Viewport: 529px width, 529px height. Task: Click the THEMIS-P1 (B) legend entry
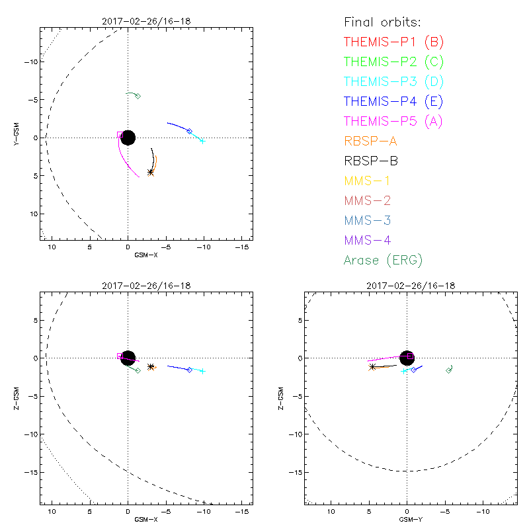pyautogui.click(x=393, y=42)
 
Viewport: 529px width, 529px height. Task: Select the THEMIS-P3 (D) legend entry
pyautogui.click(x=393, y=82)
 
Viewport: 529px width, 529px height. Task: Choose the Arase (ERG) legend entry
pyautogui.click(x=383, y=260)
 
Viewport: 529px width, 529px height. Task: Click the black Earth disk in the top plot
pyautogui.click(x=128, y=138)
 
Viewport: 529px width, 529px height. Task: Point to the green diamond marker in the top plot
pyautogui.click(x=138, y=96)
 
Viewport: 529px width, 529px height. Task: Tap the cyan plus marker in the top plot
pyautogui.click(x=202, y=141)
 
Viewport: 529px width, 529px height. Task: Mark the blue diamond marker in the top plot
pyautogui.click(x=190, y=131)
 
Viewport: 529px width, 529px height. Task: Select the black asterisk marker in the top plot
pyautogui.click(x=151, y=172)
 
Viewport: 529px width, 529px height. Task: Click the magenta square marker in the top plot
pyautogui.click(x=120, y=135)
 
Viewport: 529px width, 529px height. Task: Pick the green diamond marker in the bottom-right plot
pyautogui.click(x=449, y=370)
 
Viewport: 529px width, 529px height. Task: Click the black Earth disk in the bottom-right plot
pyautogui.click(x=407, y=358)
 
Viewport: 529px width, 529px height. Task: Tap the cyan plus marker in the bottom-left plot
pyautogui.click(x=202, y=371)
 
